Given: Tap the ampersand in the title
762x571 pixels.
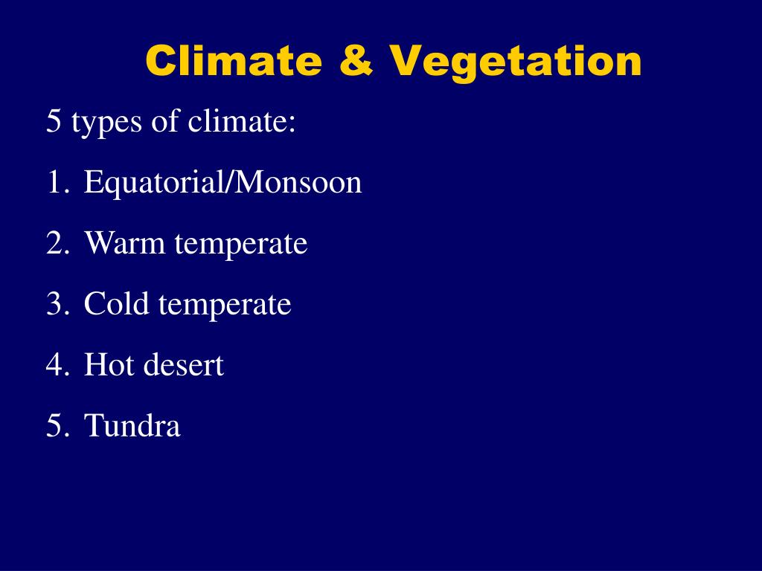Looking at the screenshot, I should tap(356, 61).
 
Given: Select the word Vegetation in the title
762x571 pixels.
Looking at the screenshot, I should tap(515, 62).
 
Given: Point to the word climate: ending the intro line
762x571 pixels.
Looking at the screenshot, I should tap(242, 121).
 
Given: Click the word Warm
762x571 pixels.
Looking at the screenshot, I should tap(125, 243).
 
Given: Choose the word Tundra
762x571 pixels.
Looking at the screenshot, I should tap(132, 426).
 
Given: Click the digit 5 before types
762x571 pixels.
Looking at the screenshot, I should tap(53, 121).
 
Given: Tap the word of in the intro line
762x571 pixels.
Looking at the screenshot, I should tap(164, 121).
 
